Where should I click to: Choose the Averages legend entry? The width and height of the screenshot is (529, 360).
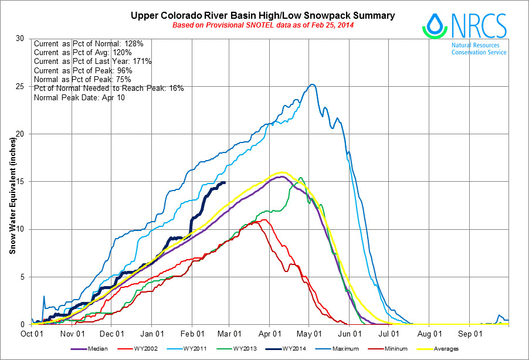[446, 349]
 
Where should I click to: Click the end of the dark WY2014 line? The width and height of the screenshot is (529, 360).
[225, 182]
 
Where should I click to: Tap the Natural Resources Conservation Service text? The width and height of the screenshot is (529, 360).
[479, 48]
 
